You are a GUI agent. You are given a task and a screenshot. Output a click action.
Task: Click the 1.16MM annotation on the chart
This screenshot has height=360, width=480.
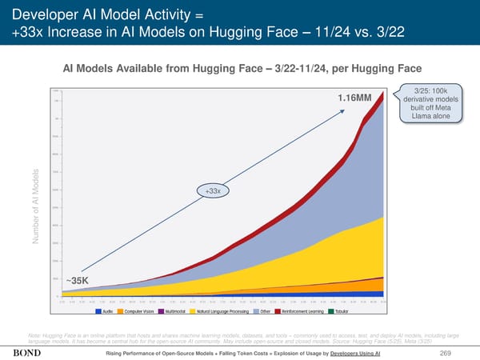click(x=355, y=98)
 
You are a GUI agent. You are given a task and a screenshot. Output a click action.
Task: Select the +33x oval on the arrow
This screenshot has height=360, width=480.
click(x=213, y=191)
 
